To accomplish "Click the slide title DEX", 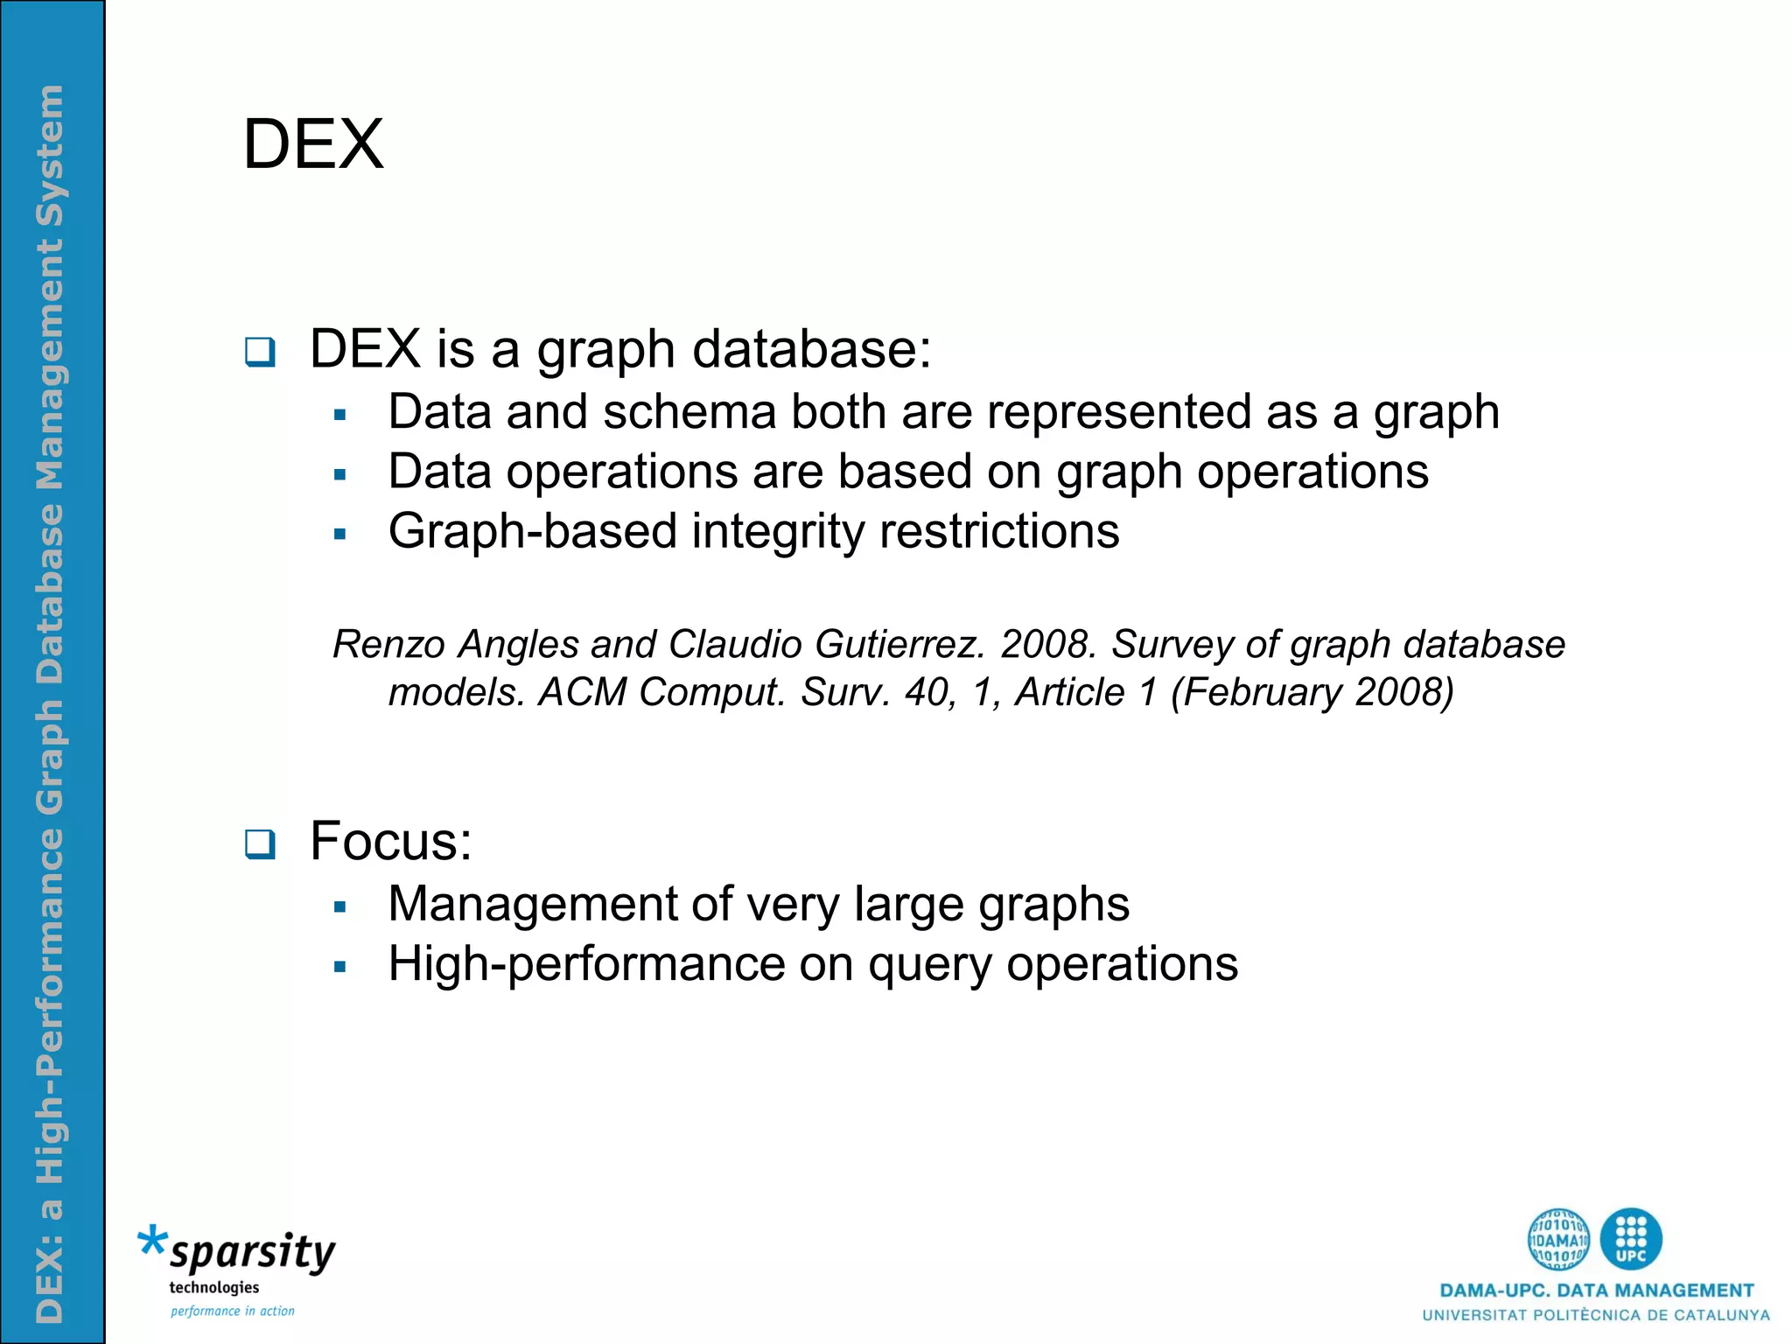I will coord(312,144).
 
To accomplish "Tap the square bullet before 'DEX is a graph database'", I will coord(260,352).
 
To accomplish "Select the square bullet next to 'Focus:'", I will coord(260,843).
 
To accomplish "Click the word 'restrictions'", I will coord(998,531).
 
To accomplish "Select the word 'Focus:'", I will coord(390,841).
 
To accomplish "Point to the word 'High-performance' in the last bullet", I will coord(586,964).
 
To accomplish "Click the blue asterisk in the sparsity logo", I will coord(153,1242).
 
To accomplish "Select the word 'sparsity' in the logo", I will coord(253,1252).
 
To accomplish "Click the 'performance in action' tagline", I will coord(232,1311).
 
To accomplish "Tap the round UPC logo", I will coord(1630,1239).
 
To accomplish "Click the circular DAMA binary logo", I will coord(1558,1239).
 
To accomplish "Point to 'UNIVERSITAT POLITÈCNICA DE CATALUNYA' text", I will coord(1596,1315).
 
